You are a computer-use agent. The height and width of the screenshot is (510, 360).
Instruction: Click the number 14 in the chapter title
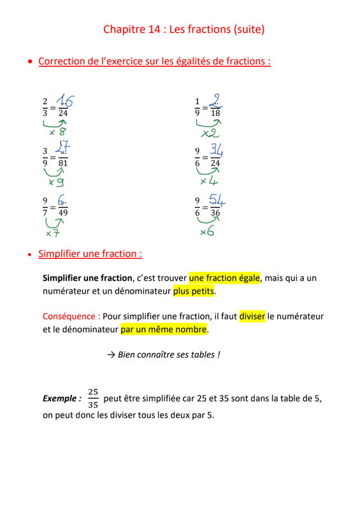click(x=159, y=29)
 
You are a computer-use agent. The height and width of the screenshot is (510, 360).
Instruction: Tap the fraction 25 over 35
click(x=94, y=398)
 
